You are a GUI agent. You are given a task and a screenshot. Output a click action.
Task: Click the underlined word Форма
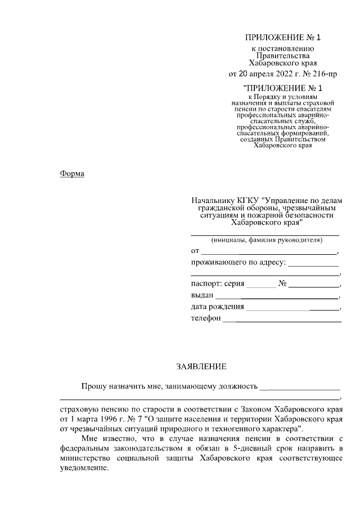[72, 173]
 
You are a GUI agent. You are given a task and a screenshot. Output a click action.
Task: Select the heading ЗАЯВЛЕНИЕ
[201, 367]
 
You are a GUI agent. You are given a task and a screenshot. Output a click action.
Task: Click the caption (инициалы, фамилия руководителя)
[266, 240]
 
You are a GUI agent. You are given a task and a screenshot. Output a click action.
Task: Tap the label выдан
[202, 295]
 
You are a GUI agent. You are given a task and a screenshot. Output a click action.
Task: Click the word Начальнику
[212, 200]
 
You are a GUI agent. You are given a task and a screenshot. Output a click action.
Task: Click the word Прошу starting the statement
[93, 386]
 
